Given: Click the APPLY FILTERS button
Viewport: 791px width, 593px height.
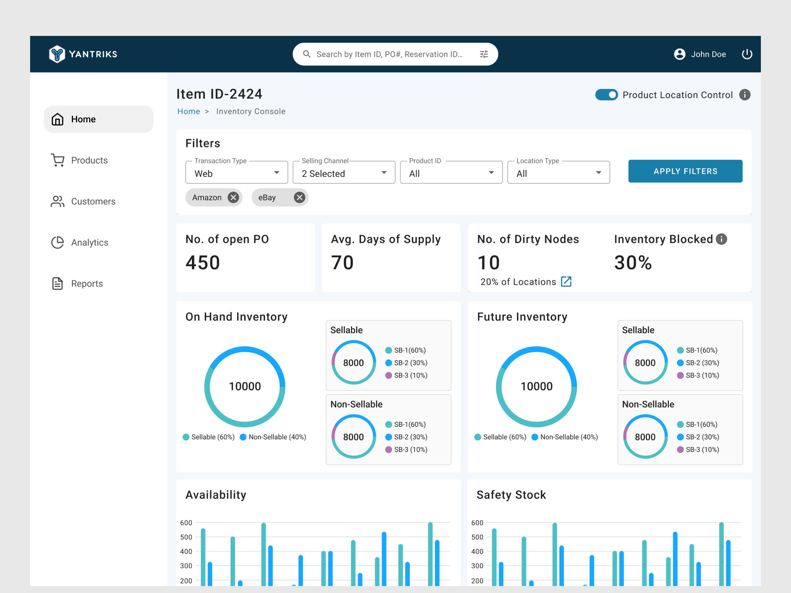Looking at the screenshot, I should tap(685, 171).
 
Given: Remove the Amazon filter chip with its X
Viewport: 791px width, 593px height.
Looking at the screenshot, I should tap(233, 198).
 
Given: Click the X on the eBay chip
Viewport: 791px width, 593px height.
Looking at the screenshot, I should tap(299, 198).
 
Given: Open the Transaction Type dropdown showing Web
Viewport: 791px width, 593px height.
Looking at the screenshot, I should tap(236, 173).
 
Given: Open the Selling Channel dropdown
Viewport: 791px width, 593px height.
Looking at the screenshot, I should tap(344, 173).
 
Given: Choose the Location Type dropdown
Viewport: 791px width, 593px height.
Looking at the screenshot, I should tap(558, 173).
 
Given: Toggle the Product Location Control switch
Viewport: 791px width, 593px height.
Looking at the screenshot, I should tap(606, 95).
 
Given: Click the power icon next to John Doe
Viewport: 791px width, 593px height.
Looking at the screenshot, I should tap(747, 54).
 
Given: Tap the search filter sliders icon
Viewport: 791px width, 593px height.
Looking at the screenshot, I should tap(484, 54).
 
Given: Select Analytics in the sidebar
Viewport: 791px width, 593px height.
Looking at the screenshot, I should tap(89, 242).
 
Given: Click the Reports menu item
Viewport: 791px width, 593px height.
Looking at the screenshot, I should tap(87, 284).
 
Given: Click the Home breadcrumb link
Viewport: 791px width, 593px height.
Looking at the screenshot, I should tap(188, 112).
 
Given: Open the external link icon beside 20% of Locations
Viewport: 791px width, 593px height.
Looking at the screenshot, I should tap(566, 282).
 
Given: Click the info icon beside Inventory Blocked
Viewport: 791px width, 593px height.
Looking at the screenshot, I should tap(721, 239).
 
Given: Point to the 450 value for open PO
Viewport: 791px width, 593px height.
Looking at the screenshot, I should tap(203, 263).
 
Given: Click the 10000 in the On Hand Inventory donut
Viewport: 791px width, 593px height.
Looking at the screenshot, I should tap(245, 386).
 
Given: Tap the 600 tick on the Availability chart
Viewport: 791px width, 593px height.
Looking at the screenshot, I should tap(186, 523).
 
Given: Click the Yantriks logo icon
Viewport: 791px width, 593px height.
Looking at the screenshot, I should tap(57, 54).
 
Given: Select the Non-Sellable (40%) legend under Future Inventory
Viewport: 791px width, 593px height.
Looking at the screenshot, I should tap(569, 437).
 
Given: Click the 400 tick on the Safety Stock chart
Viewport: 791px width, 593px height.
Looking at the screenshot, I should tap(477, 552).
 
